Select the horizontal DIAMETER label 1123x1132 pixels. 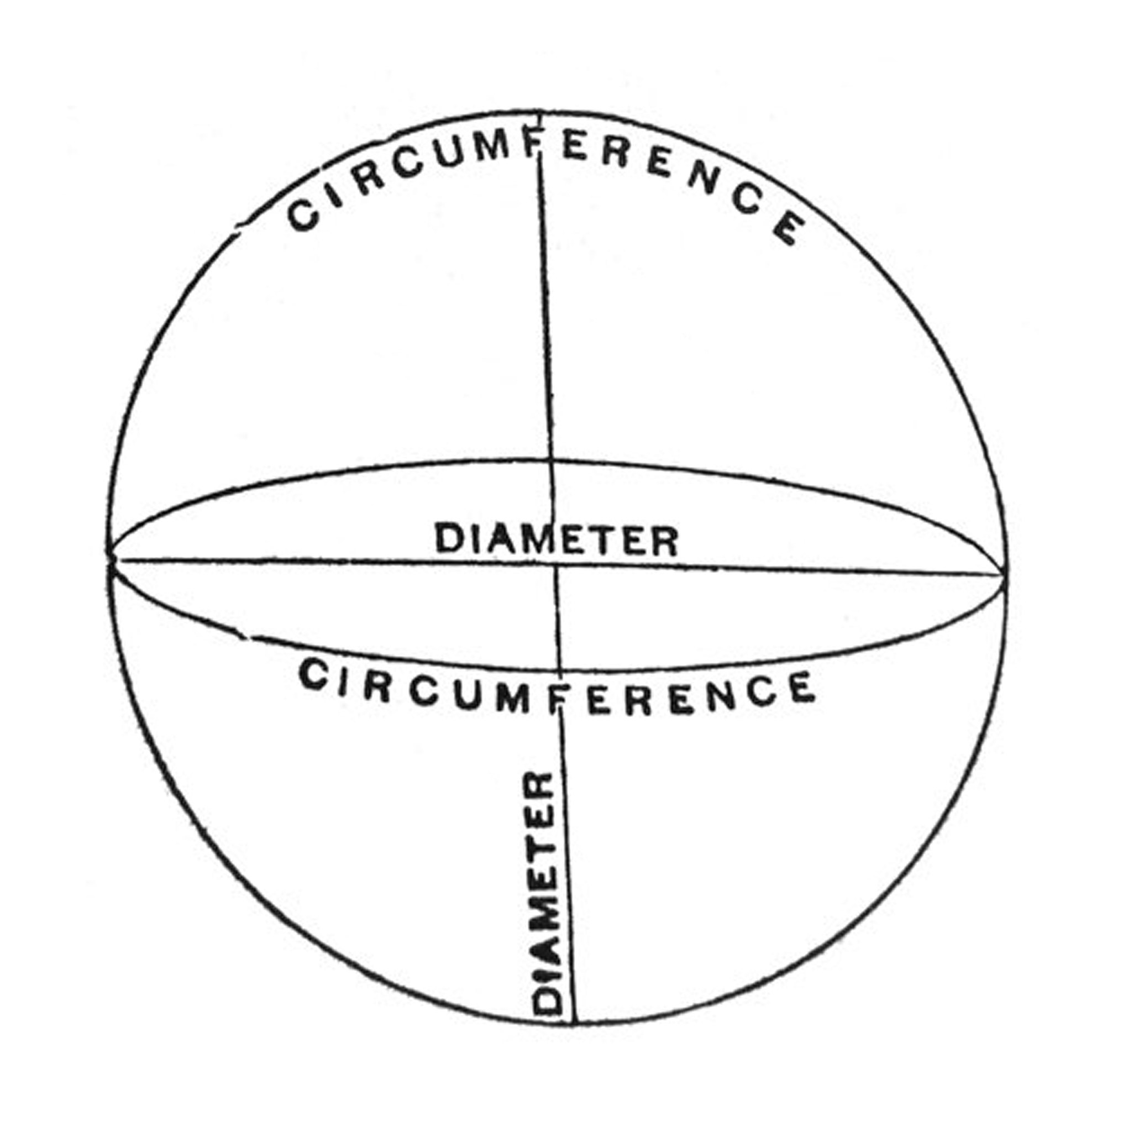(557, 540)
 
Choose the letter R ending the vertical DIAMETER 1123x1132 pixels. (542, 785)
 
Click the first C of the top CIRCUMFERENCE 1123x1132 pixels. (303, 215)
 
